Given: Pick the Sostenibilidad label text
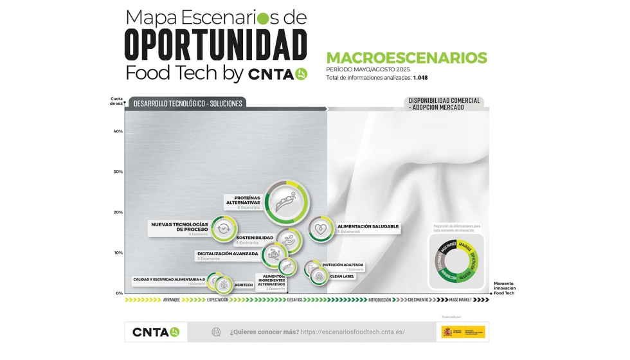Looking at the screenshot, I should click(255, 238).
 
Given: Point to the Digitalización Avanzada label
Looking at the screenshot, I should click(228, 253).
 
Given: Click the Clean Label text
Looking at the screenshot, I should click(342, 276).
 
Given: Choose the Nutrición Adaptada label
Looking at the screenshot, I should click(343, 265).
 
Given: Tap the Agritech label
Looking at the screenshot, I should click(244, 285).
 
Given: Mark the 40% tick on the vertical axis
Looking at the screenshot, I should click(118, 131).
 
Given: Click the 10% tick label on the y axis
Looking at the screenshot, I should click(118, 253).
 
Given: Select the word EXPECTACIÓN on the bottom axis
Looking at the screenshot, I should click(218, 300).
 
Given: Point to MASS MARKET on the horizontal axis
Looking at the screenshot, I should click(460, 300).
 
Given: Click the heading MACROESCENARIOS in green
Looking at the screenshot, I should click(406, 58).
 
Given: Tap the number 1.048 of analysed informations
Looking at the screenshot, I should click(420, 77).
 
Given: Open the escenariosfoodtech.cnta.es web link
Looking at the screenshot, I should click(352, 332).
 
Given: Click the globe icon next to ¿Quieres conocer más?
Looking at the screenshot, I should click(216, 332).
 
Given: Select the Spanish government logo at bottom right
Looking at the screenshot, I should click(463, 332).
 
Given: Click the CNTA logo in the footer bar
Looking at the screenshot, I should click(156, 332).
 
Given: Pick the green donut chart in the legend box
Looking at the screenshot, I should click(457, 260).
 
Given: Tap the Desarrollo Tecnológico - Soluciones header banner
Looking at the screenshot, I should click(188, 103).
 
